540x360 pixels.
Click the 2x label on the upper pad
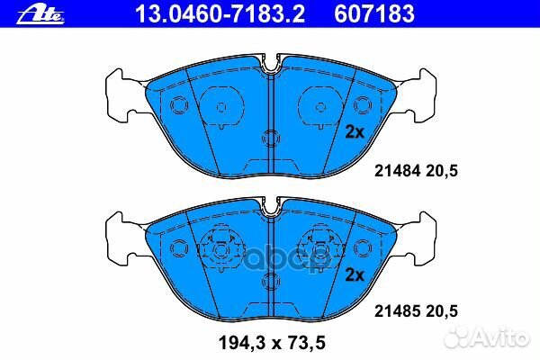[x=354, y=131]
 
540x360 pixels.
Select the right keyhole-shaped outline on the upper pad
[x=321, y=107]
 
